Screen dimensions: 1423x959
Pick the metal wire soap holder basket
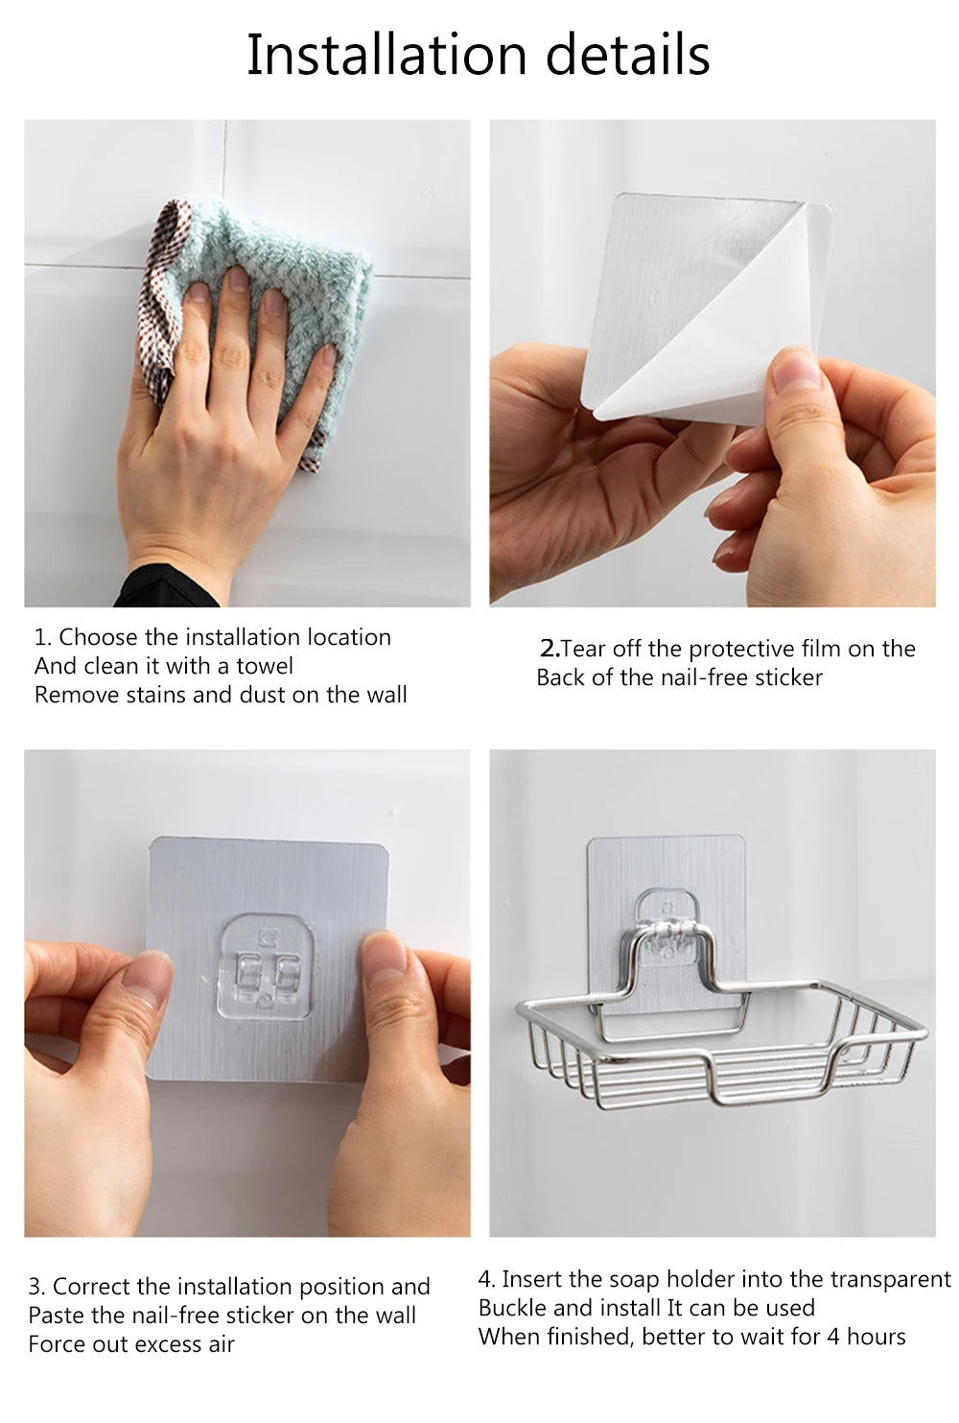(719, 1046)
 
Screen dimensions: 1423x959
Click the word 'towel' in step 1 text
(265, 666)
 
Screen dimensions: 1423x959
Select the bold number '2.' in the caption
(549, 649)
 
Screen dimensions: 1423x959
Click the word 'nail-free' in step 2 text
(705, 677)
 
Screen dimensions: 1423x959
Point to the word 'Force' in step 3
(58, 1344)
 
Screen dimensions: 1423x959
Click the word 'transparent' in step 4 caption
(890, 1279)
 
